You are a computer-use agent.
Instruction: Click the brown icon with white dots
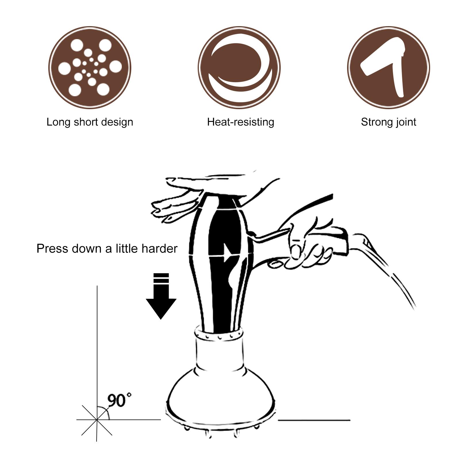coord(90,68)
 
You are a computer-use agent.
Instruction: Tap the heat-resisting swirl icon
coord(239,68)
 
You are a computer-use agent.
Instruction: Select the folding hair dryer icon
coord(388,68)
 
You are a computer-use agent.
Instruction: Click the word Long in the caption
coord(58,122)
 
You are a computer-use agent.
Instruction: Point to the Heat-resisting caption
coord(240,122)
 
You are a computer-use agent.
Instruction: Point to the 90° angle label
coord(118,400)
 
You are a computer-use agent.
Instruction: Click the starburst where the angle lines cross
coord(97,420)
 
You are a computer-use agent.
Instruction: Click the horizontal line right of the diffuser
coord(314,420)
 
